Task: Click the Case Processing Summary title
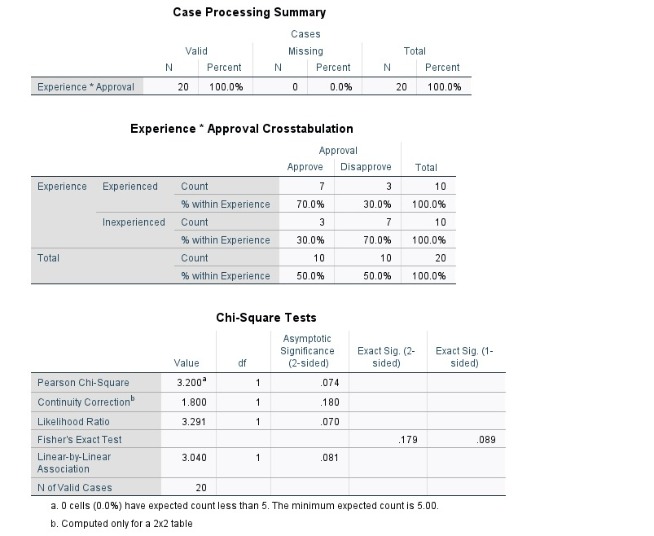(249, 12)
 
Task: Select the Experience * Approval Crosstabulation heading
(242, 129)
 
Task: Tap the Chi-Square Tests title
(266, 318)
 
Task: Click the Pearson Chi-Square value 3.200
(192, 382)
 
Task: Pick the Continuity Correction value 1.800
(194, 402)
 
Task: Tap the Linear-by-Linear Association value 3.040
(194, 458)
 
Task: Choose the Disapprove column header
(366, 167)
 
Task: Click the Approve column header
(305, 167)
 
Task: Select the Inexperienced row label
(134, 222)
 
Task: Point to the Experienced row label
(130, 187)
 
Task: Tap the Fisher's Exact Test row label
(74, 440)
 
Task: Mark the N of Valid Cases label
(75, 487)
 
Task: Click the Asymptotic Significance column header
(307, 350)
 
